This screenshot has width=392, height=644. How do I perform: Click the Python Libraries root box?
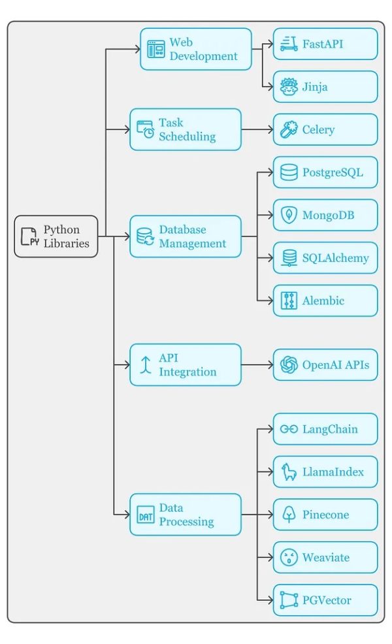pyautogui.click(x=56, y=236)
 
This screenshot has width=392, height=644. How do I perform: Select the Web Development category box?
pyautogui.click(x=195, y=49)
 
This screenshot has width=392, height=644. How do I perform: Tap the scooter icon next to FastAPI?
pyautogui.click(x=288, y=44)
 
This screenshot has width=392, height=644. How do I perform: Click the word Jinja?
pyautogui.click(x=315, y=87)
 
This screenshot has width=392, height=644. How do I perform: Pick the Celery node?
pyautogui.click(x=325, y=129)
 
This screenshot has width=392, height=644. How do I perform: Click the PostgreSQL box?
pyautogui.click(x=325, y=172)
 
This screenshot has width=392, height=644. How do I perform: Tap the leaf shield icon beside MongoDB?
pyautogui.click(x=288, y=215)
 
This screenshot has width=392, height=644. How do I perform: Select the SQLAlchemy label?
pyautogui.click(x=335, y=258)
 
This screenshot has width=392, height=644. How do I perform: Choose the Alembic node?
pyautogui.click(x=325, y=300)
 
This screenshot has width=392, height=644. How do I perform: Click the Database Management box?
pyautogui.click(x=185, y=236)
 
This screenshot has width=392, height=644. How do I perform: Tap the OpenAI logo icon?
pyautogui.click(x=288, y=364)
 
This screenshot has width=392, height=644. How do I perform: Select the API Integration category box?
pyautogui.click(x=185, y=364)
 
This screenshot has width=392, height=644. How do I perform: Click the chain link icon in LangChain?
pyautogui.click(x=288, y=429)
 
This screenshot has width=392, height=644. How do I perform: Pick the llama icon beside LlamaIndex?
pyautogui.click(x=288, y=472)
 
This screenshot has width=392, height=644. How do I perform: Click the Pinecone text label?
pyautogui.click(x=325, y=515)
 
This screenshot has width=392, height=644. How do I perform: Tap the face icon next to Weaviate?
pyautogui.click(x=288, y=557)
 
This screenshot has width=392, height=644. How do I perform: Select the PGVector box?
pyautogui.click(x=325, y=600)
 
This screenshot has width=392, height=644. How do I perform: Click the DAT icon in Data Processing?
pyautogui.click(x=146, y=515)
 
